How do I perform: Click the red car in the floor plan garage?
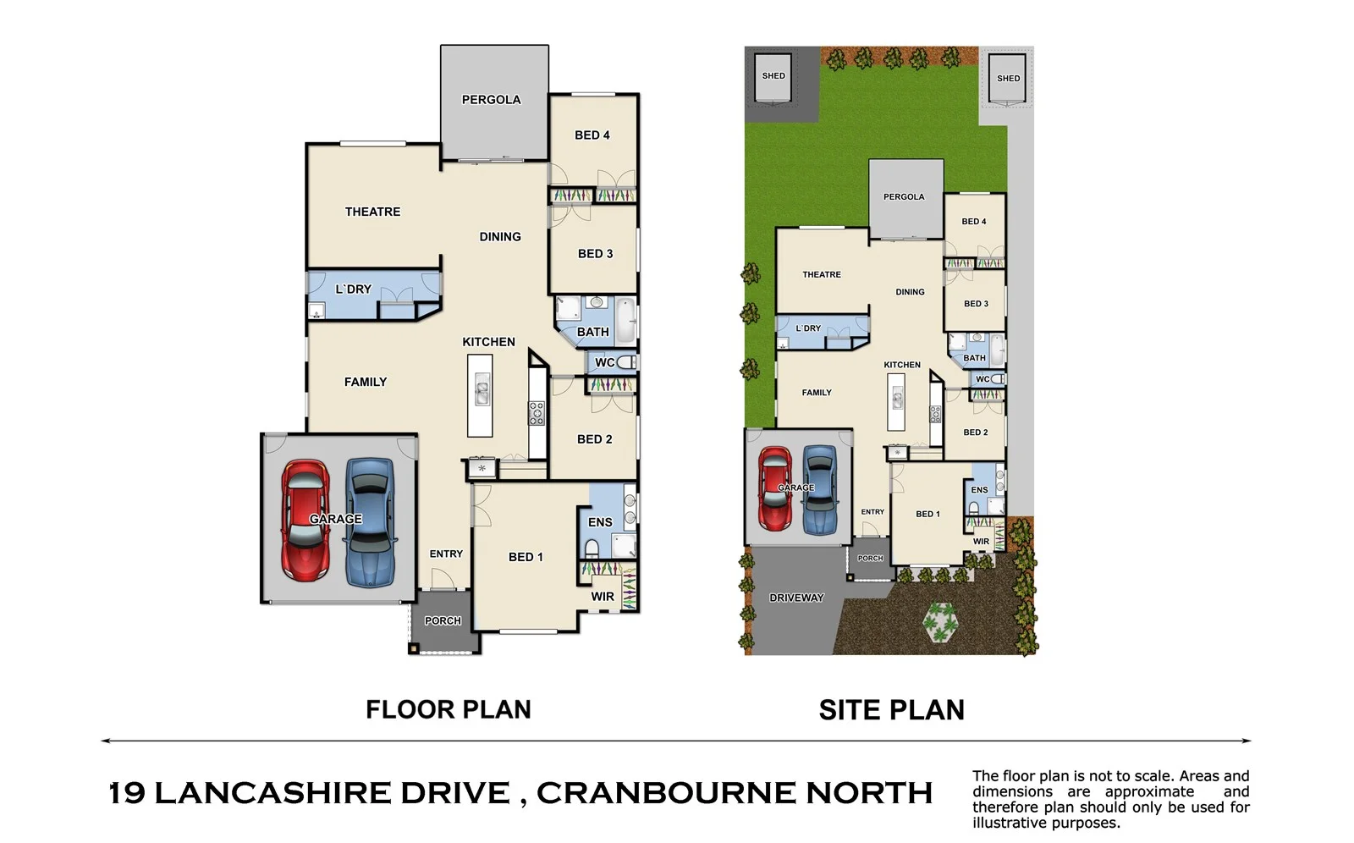[305, 521]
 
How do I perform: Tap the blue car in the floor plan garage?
[370, 522]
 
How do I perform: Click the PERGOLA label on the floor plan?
[491, 100]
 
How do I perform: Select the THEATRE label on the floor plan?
[372, 212]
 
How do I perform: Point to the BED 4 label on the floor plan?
[592, 135]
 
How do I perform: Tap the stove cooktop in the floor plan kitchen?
[537, 413]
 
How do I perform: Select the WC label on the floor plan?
[604, 363]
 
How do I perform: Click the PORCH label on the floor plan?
[443, 621]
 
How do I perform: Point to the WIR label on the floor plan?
[603, 597]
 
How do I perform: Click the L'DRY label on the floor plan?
[353, 289]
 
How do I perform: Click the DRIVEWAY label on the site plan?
[796, 598]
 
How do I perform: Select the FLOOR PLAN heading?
[448, 709]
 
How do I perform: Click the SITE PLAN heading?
[891, 709]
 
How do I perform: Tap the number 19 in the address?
[127, 793]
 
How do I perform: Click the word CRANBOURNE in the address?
[665, 793]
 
